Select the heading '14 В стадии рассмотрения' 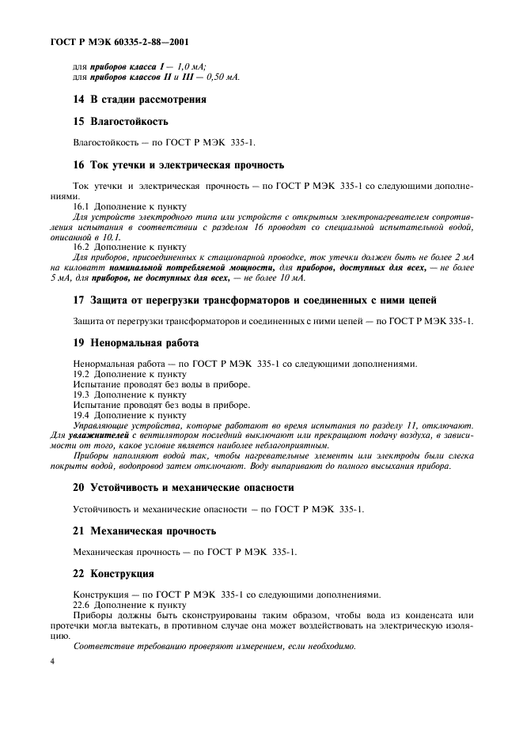138,100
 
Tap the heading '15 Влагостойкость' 119,123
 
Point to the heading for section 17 253,300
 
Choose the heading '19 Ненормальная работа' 135,343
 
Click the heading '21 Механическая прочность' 144,530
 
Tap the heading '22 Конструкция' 112,573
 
